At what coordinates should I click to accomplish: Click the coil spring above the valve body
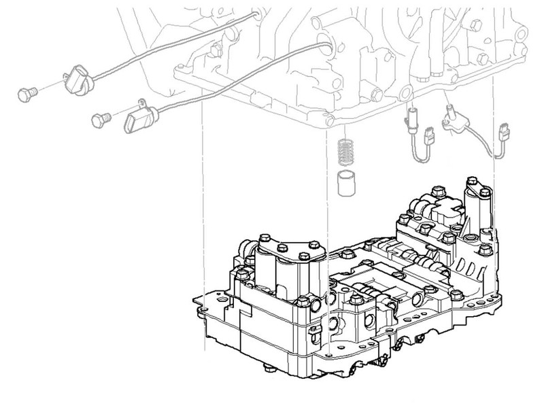pos(346,152)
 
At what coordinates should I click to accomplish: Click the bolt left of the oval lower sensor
pos(101,120)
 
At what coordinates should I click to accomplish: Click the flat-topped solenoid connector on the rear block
pos(436,204)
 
